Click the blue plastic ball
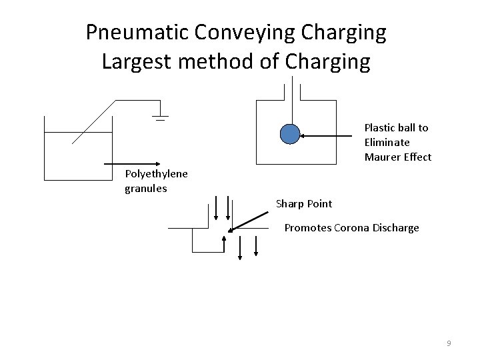(290, 135)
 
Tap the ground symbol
(160, 119)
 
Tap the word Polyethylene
(156, 174)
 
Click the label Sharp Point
(303, 203)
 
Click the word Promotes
(305, 228)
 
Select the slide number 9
(449, 343)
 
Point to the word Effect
(416, 157)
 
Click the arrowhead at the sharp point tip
(230, 230)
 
